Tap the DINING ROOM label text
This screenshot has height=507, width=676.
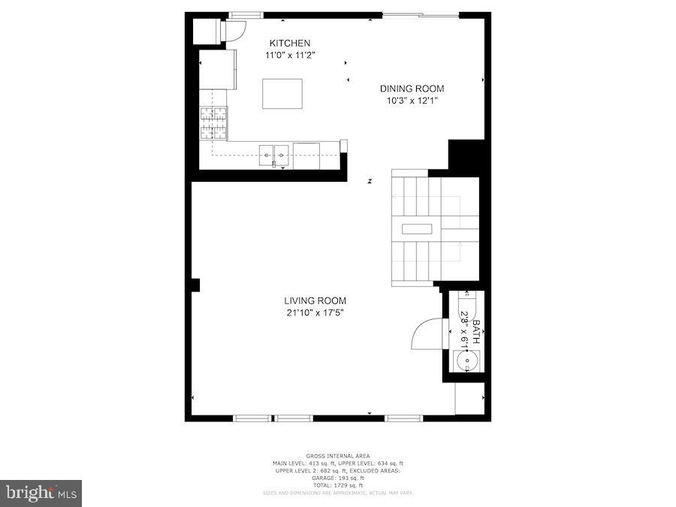click(x=411, y=89)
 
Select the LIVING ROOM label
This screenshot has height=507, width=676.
click(x=315, y=300)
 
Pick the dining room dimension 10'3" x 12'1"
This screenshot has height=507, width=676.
click(x=411, y=100)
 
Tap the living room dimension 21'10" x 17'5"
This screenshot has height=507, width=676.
click(x=315, y=312)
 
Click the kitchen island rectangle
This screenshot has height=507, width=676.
click(x=282, y=93)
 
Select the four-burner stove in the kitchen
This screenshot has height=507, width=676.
click(x=213, y=123)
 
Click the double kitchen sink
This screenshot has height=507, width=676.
click(x=274, y=155)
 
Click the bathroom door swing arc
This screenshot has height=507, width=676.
click(x=426, y=333)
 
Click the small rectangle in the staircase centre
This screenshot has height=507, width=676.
click(x=417, y=229)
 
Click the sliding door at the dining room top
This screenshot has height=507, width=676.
click(x=426, y=14)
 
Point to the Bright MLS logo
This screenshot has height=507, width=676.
click(x=41, y=493)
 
